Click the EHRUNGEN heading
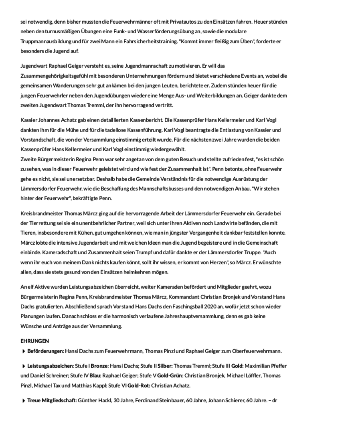(34, 341)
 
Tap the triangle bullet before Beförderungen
(24, 351)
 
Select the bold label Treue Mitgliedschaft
(52, 400)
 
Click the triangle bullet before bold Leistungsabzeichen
(24, 366)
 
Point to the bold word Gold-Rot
(137, 385)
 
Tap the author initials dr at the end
(275, 400)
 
